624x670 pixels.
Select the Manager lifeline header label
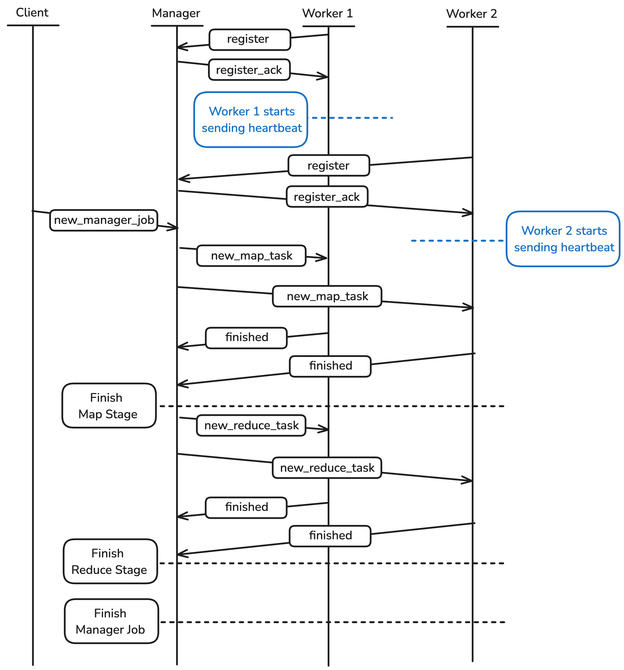pos(176,13)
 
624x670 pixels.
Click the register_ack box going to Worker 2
pos(326,197)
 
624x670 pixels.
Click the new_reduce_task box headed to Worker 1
pos(251,425)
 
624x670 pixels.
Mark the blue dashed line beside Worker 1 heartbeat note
pos(351,118)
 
